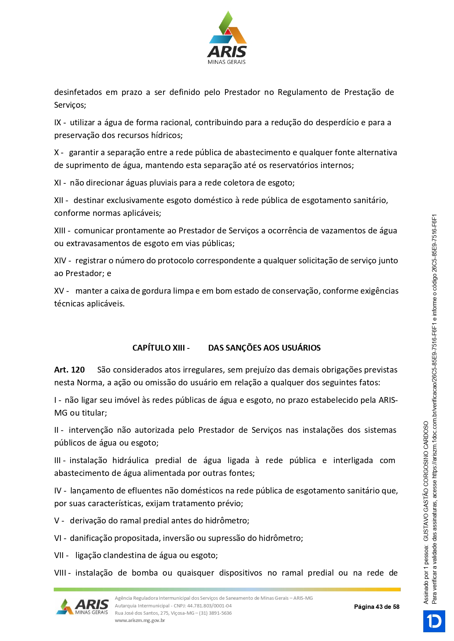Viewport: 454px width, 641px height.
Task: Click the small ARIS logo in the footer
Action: (82, 607)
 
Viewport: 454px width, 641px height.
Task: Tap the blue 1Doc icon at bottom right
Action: (434, 621)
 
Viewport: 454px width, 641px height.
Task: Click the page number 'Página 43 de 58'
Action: (376, 607)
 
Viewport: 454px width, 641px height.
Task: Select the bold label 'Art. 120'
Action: (70, 370)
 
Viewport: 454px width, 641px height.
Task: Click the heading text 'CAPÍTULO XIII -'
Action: (161, 348)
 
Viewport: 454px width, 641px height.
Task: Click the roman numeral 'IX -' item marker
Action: (60, 123)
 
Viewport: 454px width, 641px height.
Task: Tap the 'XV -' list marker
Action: (61, 291)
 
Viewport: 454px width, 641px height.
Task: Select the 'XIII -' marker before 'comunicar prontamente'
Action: (63, 231)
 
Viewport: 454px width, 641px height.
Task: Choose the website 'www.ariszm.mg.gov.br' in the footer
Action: (140, 620)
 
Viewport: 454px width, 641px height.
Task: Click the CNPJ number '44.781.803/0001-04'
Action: (209, 606)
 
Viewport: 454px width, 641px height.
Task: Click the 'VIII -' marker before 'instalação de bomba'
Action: (63, 573)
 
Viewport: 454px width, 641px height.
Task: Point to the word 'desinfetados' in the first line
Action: (78, 92)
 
